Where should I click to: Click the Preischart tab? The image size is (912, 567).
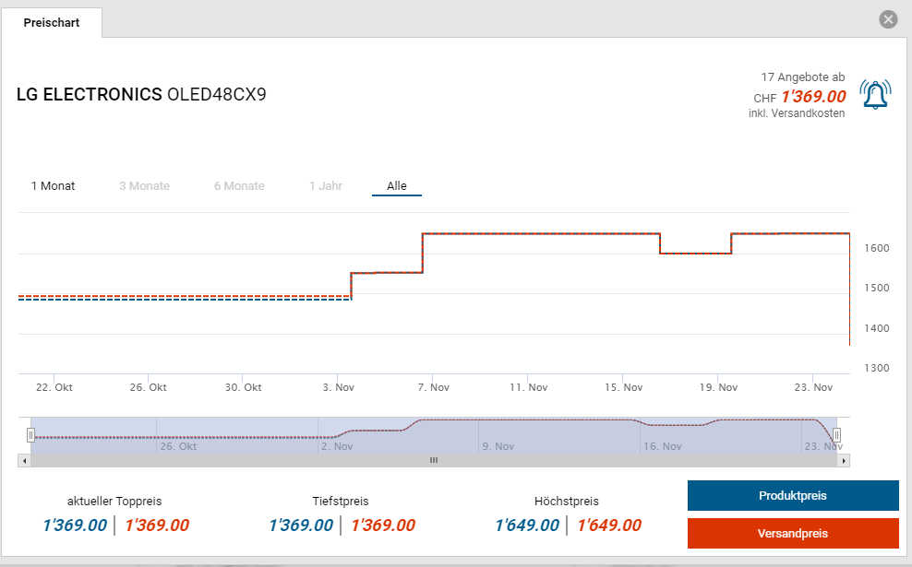[52, 23]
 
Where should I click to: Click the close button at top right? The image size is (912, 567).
[888, 19]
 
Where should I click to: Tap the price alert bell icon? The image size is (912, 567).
[875, 94]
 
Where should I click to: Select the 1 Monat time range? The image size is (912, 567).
[53, 186]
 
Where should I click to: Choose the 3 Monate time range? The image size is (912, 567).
[144, 186]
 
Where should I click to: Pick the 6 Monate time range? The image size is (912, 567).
[239, 186]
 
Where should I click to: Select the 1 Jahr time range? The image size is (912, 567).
[326, 186]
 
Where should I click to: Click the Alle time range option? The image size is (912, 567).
[397, 186]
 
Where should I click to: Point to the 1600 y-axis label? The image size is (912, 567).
[876, 249]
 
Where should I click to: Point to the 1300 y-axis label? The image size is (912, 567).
[876, 369]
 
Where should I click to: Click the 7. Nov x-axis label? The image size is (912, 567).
[433, 388]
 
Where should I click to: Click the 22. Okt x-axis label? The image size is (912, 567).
[55, 388]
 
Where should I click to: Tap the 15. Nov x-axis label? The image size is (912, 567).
[623, 388]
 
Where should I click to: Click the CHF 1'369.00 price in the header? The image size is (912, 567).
[813, 97]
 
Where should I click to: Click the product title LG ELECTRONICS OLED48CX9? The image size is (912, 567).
[141, 94]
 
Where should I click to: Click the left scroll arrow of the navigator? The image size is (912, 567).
[23, 460]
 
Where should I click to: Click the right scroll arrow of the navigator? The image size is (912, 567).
[844, 460]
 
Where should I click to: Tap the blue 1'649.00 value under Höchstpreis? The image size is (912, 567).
[527, 526]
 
